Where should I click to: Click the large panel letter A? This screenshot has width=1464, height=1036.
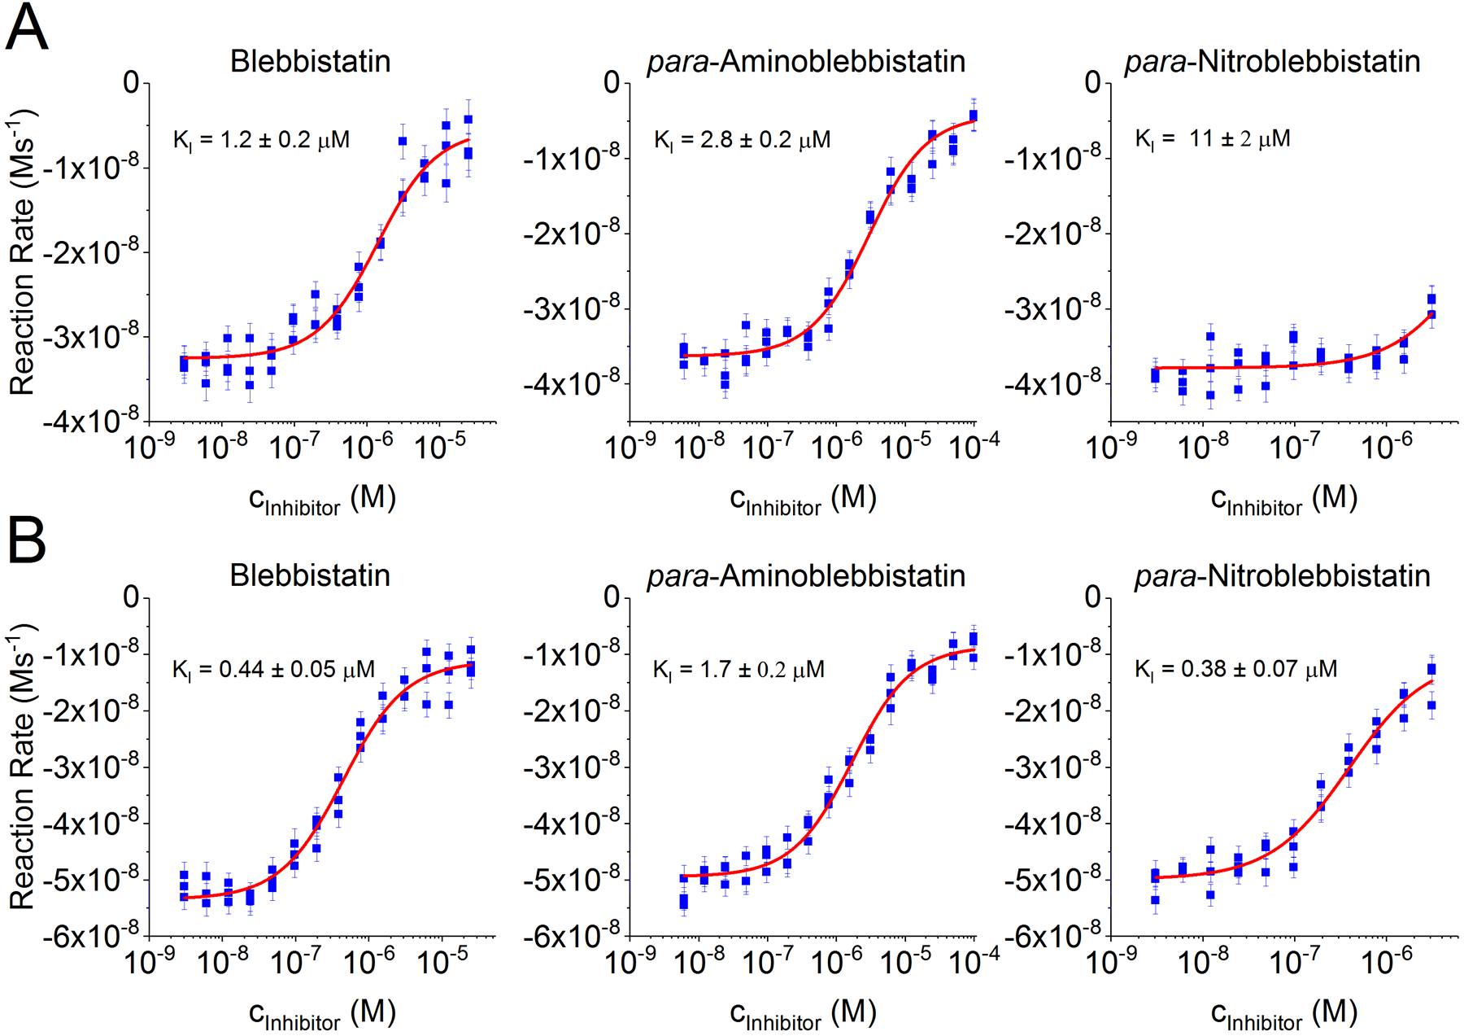click(27, 28)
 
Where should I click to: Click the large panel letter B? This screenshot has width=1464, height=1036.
click(27, 541)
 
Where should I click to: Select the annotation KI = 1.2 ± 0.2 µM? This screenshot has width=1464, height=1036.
click(261, 140)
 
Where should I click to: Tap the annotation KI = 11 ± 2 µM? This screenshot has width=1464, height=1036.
click(1212, 138)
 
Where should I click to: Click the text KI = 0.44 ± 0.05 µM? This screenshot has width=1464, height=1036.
click(273, 670)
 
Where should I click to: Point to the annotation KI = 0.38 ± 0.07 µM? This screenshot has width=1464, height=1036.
click(1235, 669)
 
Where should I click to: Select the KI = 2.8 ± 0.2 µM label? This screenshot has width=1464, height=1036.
click(742, 140)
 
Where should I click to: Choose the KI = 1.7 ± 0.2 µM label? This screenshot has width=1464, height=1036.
click(739, 670)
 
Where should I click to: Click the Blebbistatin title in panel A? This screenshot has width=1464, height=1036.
click(310, 62)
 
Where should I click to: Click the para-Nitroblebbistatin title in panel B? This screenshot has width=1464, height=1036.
click(1282, 576)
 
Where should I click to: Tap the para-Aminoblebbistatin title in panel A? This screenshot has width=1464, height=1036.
click(806, 62)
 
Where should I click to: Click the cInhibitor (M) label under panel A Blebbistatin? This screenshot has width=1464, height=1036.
click(322, 499)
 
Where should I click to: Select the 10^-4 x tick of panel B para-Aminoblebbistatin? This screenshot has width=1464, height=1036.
click(974, 961)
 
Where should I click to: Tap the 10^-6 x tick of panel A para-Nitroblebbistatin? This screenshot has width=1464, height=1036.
click(1387, 446)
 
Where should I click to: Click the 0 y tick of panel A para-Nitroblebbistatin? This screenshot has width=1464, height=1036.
click(1092, 82)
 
